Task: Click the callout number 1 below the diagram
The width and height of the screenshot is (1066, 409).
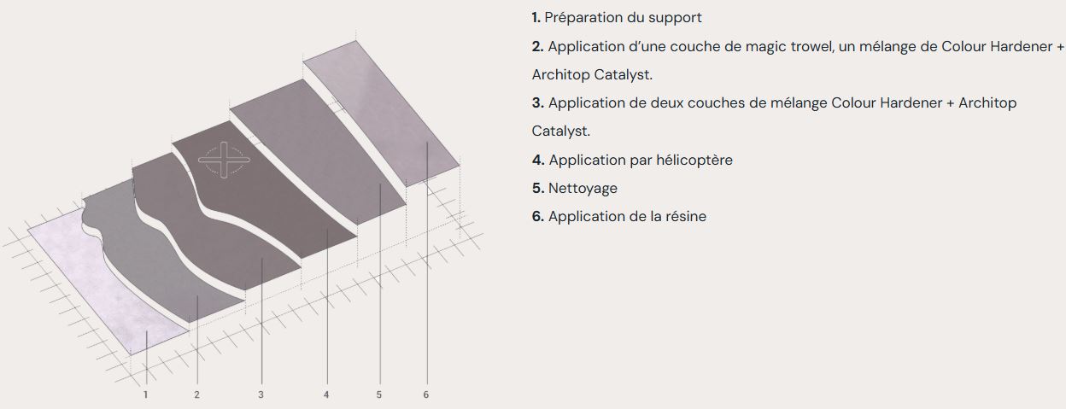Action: [x=146, y=394]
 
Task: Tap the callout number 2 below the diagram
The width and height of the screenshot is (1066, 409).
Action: [x=197, y=394]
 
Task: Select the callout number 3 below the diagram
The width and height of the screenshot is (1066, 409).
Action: [x=261, y=394]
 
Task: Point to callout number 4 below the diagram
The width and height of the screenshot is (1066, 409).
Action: [x=326, y=394]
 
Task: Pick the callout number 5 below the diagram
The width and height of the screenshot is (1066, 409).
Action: [x=378, y=394]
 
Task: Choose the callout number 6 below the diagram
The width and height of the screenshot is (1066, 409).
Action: [x=425, y=394]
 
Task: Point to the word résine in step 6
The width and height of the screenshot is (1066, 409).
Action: [x=684, y=216]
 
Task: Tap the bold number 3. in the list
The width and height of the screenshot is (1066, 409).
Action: [x=537, y=102]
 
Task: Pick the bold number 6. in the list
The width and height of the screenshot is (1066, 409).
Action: [x=537, y=216]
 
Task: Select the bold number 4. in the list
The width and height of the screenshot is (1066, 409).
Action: [x=537, y=160]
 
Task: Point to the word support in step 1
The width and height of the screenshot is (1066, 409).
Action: [x=675, y=17]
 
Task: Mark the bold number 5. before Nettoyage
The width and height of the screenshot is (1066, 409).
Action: [x=537, y=188]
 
